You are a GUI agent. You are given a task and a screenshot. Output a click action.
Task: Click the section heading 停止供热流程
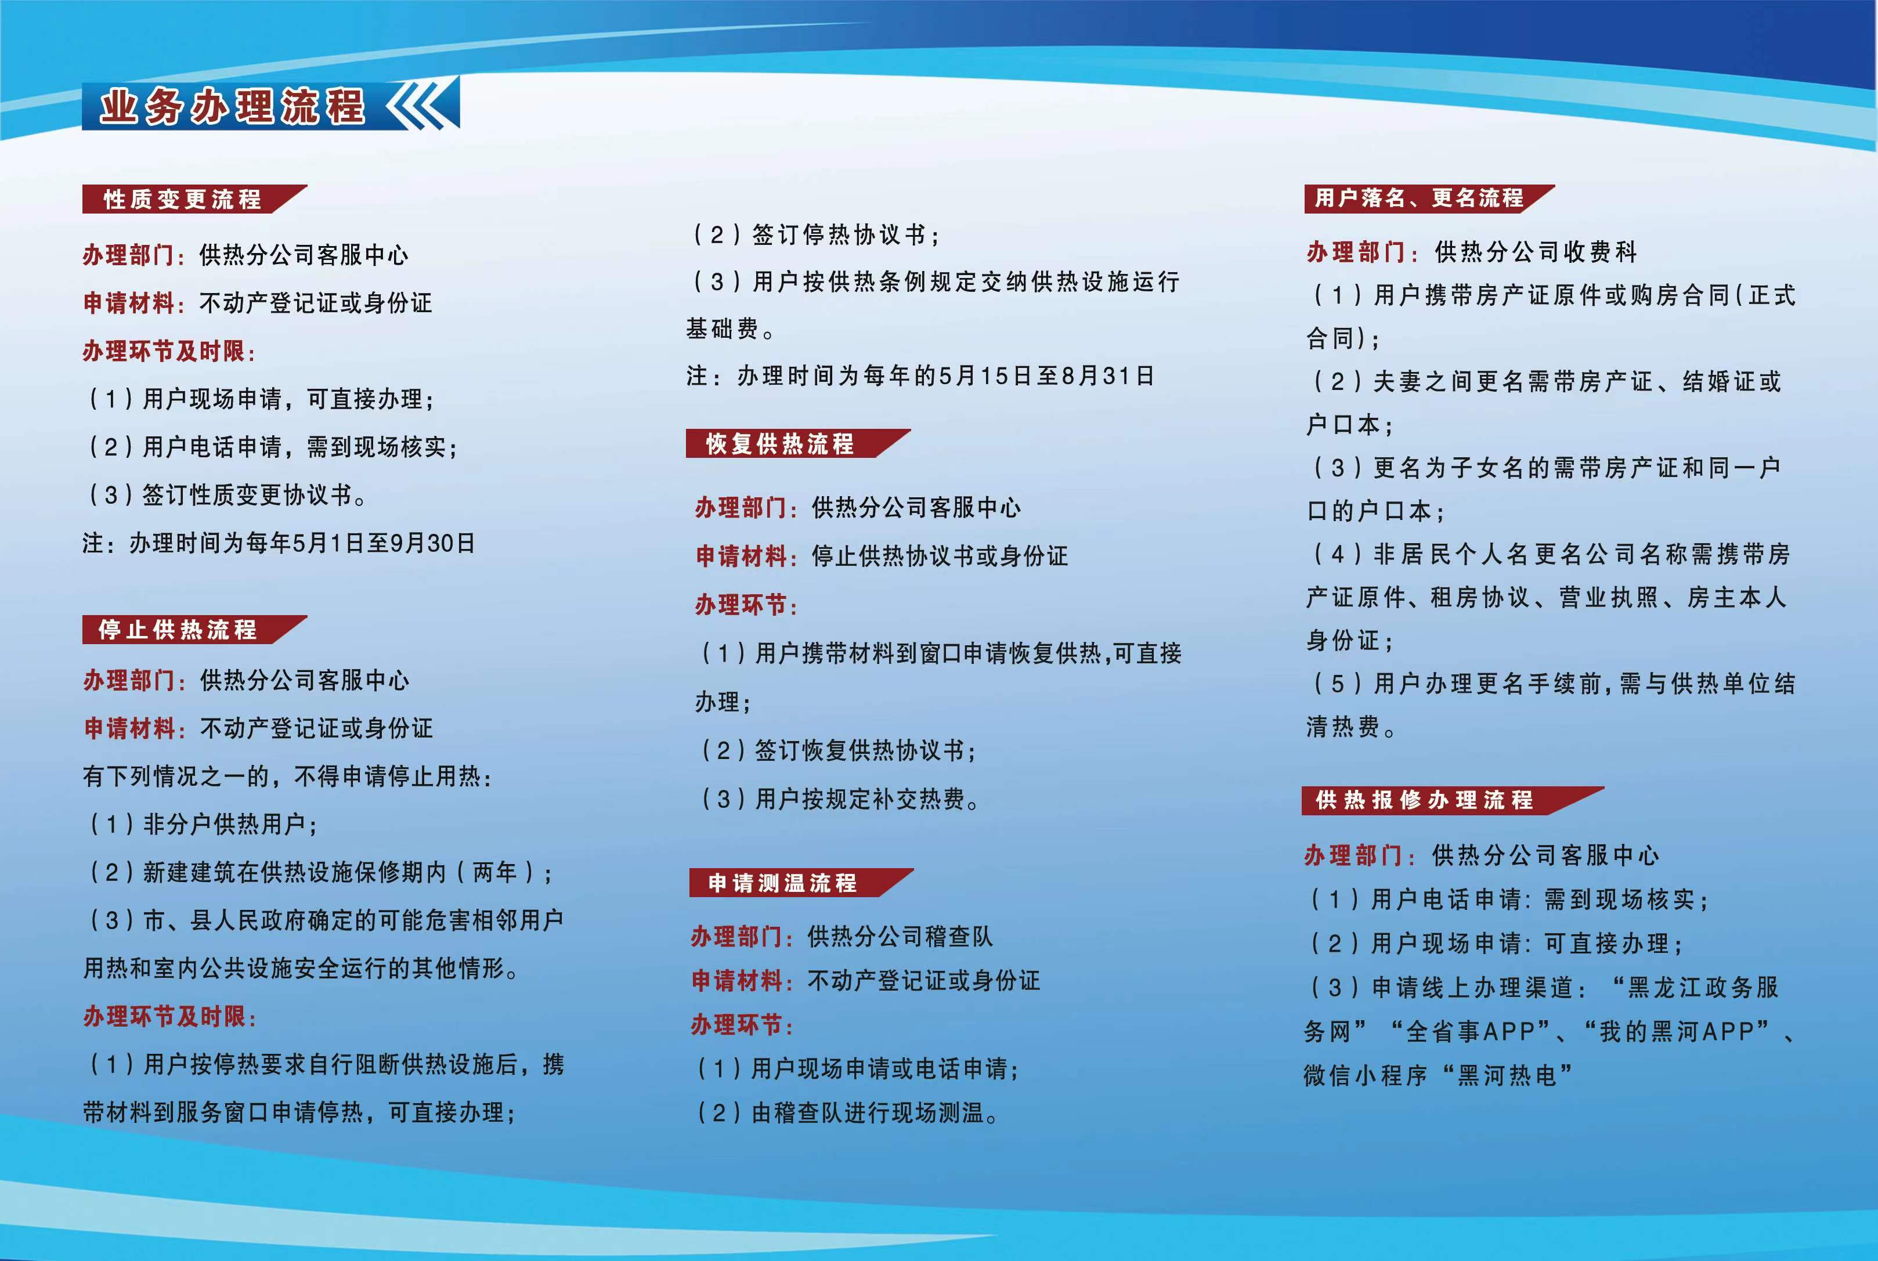point(178,630)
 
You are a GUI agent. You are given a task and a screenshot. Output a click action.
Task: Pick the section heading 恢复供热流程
point(780,444)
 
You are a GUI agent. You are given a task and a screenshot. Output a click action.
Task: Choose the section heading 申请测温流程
point(782,883)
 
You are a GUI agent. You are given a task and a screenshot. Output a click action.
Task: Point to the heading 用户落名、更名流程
point(1419,198)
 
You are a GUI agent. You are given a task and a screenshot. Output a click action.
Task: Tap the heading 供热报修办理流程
point(1424,800)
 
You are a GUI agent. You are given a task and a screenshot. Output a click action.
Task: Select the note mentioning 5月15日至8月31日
point(921,375)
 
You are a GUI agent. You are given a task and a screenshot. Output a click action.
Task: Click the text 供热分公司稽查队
point(900,936)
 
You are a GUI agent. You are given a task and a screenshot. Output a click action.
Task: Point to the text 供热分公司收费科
point(1536,252)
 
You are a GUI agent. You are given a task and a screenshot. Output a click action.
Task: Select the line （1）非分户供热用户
point(201,823)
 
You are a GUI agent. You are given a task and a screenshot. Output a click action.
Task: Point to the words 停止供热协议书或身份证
point(940,556)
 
